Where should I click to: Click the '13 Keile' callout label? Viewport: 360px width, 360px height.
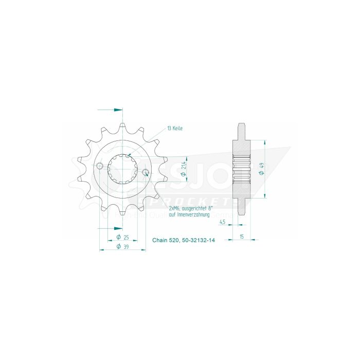175,128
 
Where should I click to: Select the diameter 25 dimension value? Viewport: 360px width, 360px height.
122,238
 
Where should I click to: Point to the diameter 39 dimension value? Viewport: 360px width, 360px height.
122,246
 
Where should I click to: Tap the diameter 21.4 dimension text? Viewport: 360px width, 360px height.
183,168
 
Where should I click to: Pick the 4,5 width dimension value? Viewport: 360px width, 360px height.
222,222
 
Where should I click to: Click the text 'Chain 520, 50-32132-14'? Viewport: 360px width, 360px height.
183,240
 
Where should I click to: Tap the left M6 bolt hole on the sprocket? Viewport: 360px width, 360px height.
100,165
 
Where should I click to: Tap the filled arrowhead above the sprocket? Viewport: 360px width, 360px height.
119,110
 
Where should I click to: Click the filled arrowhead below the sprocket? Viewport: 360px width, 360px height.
119,228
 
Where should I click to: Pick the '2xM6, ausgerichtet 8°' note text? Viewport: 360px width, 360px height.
189,208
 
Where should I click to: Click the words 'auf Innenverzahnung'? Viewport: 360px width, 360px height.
189,214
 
